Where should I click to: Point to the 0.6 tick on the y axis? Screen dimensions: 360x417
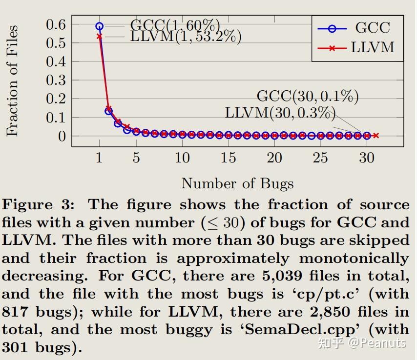[x=56, y=24]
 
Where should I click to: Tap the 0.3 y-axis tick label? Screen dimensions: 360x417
[x=56, y=80]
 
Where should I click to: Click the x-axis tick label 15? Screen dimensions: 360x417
[x=228, y=158]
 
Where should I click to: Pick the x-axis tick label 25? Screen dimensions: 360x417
[x=320, y=158]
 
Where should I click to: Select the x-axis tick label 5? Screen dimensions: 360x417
[x=136, y=158]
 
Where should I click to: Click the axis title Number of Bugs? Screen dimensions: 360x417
[x=237, y=183]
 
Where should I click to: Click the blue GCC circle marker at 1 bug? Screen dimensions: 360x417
[x=100, y=26]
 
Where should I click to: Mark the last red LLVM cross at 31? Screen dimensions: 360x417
[x=375, y=136]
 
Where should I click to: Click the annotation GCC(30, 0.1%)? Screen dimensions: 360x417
[x=308, y=96]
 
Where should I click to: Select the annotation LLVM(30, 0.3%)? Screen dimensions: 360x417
[x=280, y=113]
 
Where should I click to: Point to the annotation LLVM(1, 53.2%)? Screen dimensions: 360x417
[x=186, y=37]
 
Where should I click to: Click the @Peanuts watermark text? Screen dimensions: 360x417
[x=376, y=343]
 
